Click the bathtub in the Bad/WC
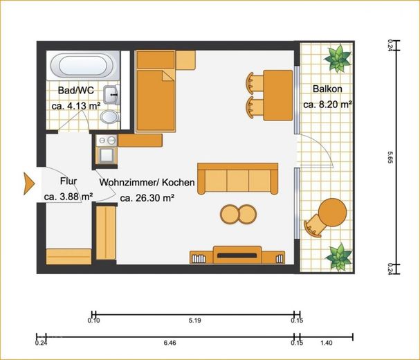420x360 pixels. click(84, 65)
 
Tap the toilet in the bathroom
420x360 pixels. click(109, 117)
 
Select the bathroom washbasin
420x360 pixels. click(111, 94)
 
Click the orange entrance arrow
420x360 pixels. click(29, 183)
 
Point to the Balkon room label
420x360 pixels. click(327, 89)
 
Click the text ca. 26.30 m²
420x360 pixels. click(147, 198)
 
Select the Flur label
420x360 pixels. click(69, 181)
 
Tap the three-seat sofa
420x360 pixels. click(237, 179)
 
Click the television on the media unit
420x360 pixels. click(237, 255)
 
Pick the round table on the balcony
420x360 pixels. click(332, 213)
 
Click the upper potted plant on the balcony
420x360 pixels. click(338, 59)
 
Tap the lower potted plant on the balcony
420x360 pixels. click(339, 257)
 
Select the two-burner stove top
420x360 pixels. click(107, 141)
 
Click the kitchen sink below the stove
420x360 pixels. click(107, 155)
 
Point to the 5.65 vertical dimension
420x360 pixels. click(390, 157)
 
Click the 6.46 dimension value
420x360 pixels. click(170, 343)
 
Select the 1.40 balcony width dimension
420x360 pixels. click(327, 343)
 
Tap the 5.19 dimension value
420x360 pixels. click(194, 321)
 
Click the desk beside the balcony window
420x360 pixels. click(277, 95)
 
